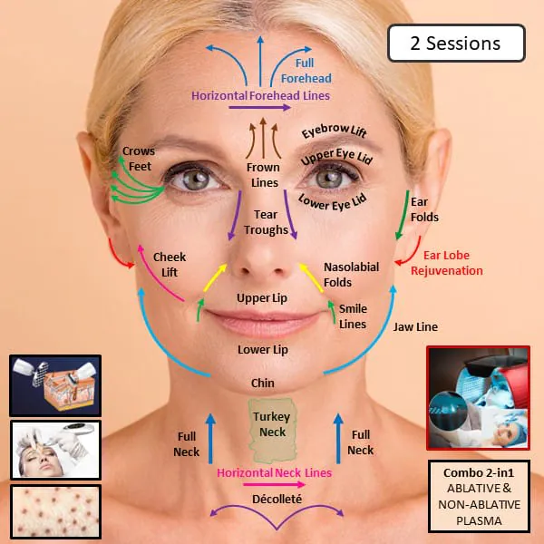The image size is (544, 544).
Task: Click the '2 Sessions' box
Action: click(456, 44)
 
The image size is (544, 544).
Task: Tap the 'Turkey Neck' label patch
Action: click(273, 431)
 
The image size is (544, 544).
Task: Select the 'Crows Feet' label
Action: click(139, 159)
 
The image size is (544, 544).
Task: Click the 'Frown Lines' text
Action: click(264, 175)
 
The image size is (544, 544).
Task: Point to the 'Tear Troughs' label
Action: click(266, 222)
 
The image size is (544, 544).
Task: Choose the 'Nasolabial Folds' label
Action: click(351, 275)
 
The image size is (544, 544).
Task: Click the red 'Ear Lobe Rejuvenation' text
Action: click(447, 263)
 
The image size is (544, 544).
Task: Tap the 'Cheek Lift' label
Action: click(170, 265)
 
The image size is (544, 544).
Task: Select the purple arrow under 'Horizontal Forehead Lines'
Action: click(259, 108)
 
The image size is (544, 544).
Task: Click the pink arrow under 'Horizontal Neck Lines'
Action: click(274, 484)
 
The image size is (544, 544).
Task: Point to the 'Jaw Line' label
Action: click(415, 326)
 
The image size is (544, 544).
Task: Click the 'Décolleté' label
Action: click(277, 499)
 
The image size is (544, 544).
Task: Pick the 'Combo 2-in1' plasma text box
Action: click(479, 496)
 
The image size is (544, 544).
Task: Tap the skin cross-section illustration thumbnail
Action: click(55, 385)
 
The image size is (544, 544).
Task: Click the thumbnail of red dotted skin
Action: click(55, 512)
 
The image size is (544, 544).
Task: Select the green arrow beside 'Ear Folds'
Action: click(403, 215)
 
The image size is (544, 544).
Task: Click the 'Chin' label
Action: click(263, 383)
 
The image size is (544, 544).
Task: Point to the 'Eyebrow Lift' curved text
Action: click(334, 131)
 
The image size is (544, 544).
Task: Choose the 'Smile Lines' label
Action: click(353, 316)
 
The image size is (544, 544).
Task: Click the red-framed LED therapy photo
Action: click(479, 398)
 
